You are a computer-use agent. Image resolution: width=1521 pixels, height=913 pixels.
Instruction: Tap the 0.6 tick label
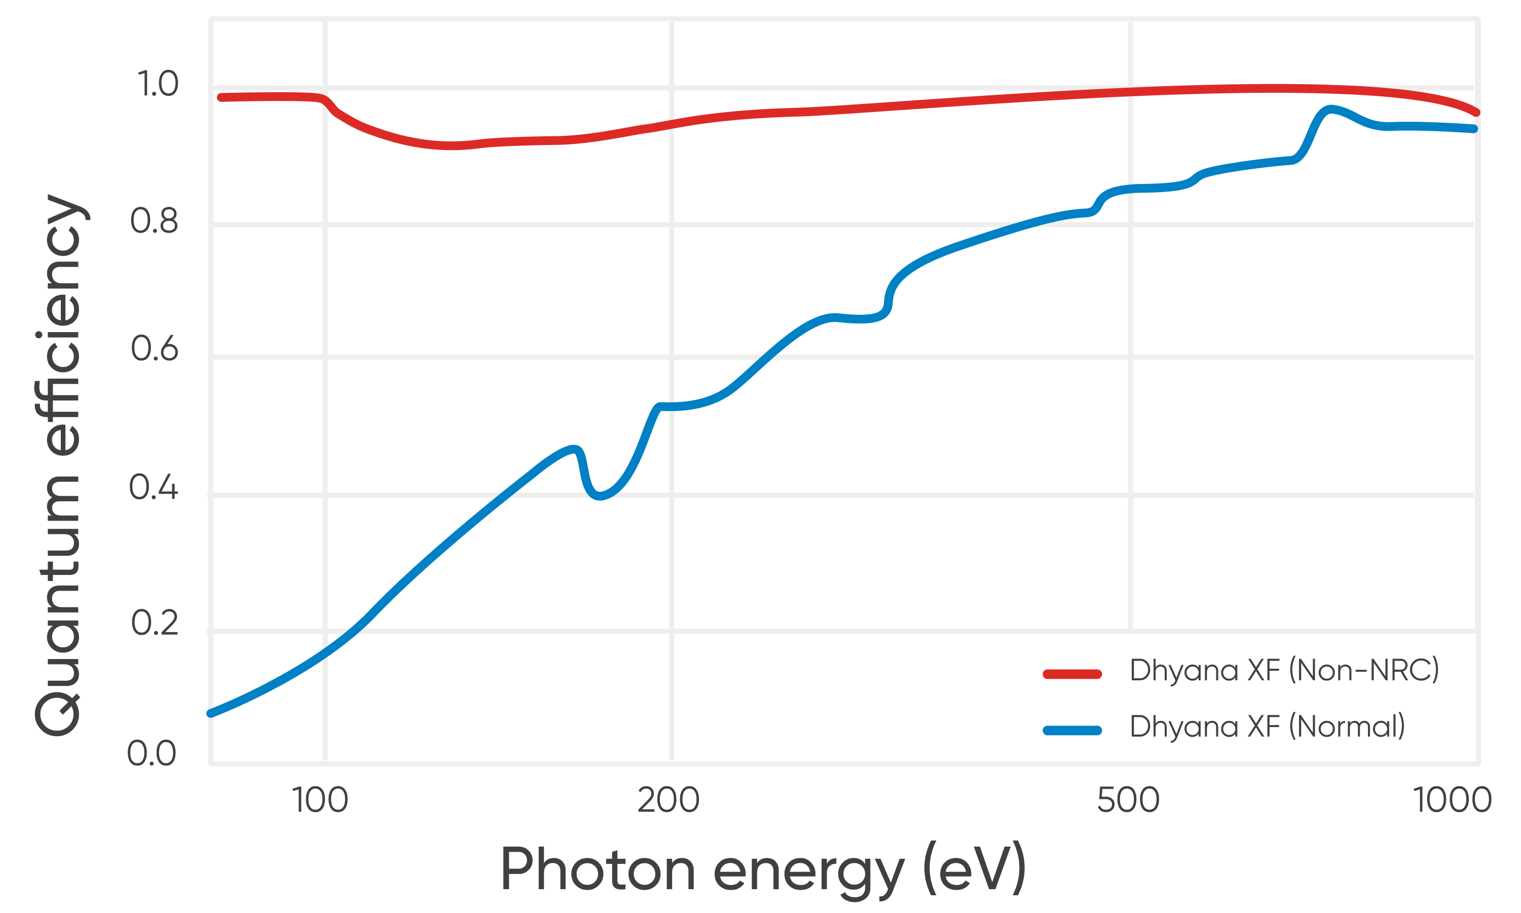click(x=154, y=349)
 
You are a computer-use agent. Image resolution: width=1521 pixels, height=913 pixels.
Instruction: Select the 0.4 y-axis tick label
click(x=153, y=487)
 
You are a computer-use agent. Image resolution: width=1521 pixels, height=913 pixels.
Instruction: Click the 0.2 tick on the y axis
click(x=154, y=623)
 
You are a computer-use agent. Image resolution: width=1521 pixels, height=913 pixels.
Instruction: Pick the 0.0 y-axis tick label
click(x=152, y=753)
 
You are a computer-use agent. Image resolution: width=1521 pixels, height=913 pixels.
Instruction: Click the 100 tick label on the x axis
click(x=320, y=800)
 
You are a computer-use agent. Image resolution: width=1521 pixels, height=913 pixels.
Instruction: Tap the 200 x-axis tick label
click(x=669, y=800)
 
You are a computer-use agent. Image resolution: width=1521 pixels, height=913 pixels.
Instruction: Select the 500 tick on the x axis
click(x=1128, y=800)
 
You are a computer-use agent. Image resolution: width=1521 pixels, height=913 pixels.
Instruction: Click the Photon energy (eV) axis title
click(x=763, y=869)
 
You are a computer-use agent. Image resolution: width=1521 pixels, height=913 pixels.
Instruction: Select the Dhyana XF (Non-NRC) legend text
click(x=1284, y=670)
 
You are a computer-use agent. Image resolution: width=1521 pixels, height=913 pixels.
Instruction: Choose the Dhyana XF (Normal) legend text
click(x=1268, y=726)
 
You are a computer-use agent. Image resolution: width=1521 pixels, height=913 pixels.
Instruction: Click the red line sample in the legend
click(x=1072, y=674)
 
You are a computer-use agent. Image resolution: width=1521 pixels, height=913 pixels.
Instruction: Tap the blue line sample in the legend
click(x=1072, y=731)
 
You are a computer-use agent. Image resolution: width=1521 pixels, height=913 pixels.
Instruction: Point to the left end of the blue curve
click(x=211, y=713)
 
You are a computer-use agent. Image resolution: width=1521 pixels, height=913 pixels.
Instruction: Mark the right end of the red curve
click(x=1476, y=113)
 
